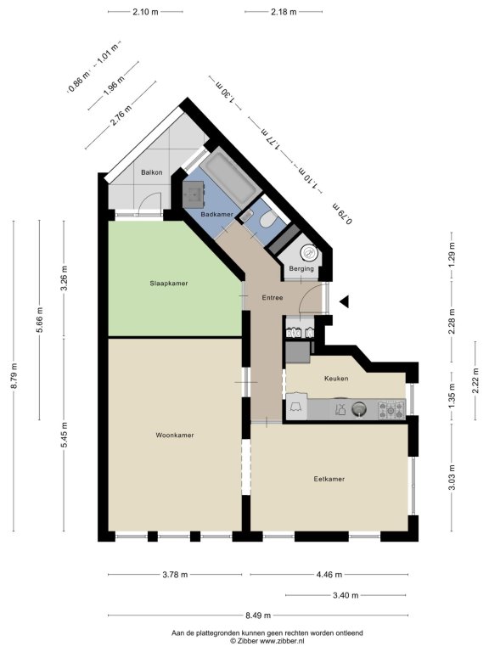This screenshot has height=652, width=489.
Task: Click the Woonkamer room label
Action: pyautogui.click(x=175, y=436)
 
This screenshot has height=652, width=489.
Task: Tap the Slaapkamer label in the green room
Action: pyautogui.click(x=169, y=284)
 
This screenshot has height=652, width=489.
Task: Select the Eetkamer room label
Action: pyautogui.click(x=329, y=479)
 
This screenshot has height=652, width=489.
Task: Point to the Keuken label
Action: pyautogui.click(x=336, y=379)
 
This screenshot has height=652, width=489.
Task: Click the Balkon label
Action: pyautogui.click(x=151, y=172)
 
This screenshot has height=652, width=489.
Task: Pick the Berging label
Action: pyautogui.click(x=301, y=268)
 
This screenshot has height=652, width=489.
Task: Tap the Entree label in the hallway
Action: pyautogui.click(x=273, y=298)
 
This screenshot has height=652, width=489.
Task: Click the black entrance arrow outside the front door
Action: pyautogui.click(x=345, y=302)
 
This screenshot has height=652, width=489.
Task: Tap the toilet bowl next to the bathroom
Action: pyautogui.click(x=267, y=220)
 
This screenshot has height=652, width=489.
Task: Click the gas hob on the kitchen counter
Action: pyautogui.click(x=391, y=409)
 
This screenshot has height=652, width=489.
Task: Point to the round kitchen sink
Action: pyautogui.click(x=359, y=409)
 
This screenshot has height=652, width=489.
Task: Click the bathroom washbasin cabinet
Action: pyautogui.click(x=194, y=194)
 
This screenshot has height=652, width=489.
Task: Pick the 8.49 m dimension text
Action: pyautogui.click(x=257, y=615)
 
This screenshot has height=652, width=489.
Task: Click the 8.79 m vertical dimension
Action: pyautogui.click(x=14, y=376)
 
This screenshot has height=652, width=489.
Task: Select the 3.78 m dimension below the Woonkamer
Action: pyautogui.click(x=175, y=575)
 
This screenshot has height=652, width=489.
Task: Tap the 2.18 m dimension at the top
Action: pyautogui.click(x=284, y=12)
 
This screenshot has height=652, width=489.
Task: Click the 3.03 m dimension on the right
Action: pyautogui.click(x=452, y=477)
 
